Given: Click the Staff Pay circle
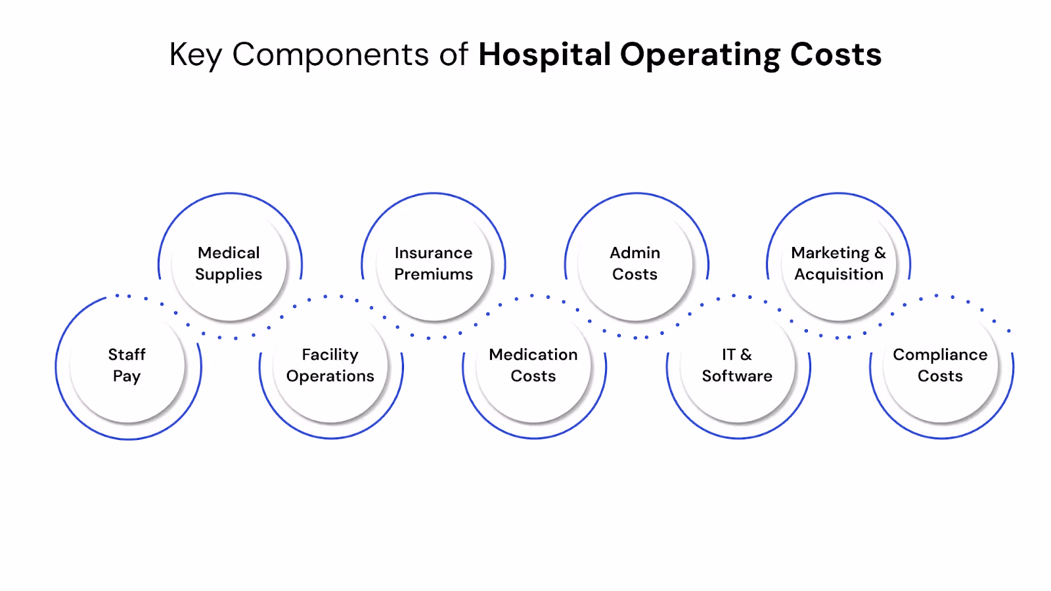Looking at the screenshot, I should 127,365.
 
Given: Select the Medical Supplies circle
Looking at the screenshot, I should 229,263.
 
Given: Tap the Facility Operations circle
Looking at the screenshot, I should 330,365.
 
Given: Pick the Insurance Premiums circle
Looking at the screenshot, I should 434,263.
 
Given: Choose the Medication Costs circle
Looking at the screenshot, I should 533,365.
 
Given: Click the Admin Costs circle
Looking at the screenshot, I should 635,263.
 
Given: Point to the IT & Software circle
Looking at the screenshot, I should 737,365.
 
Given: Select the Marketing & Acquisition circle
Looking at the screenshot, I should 839,263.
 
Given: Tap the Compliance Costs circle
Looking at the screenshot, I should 940,365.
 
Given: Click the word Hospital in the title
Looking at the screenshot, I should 545,55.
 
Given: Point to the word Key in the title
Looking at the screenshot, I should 195,55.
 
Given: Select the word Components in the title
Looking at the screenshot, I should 330,55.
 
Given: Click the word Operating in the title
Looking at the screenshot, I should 700,55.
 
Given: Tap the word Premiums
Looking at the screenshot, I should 434,274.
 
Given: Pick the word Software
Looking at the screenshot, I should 737,376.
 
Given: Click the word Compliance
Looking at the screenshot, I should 940,355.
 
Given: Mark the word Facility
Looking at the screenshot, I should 330,355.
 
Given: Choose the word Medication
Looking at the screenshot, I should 533,355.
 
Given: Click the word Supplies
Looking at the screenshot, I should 229,274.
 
